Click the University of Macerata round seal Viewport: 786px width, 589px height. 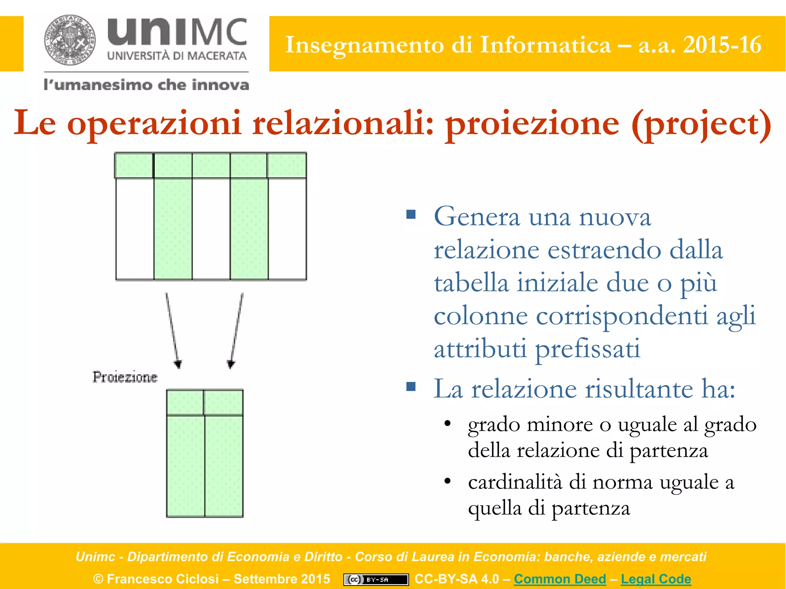[x=70, y=40]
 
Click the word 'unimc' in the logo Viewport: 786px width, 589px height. [x=177, y=32]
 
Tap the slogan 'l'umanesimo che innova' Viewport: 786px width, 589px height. [x=146, y=85]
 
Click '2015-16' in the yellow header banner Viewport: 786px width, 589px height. [x=722, y=45]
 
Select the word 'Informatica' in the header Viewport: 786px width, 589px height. [x=545, y=45]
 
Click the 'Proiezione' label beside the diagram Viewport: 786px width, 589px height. [x=125, y=377]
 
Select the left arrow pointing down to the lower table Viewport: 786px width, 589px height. [x=172, y=330]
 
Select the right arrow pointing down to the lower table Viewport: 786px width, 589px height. [x=236, y=330]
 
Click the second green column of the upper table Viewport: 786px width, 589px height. [x=173, y=228]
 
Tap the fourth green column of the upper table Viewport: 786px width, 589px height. [x=249, y=228]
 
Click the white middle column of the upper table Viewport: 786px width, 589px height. [x=211, y=228]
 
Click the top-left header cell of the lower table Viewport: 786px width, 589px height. [x=185, y=402]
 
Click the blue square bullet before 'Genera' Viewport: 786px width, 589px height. [x=411, y=214]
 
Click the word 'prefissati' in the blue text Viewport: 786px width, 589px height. [x=588, y=349]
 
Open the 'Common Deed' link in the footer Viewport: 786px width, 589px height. [x=560, y=579]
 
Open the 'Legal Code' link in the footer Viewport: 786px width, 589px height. [x=656, y=579]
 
